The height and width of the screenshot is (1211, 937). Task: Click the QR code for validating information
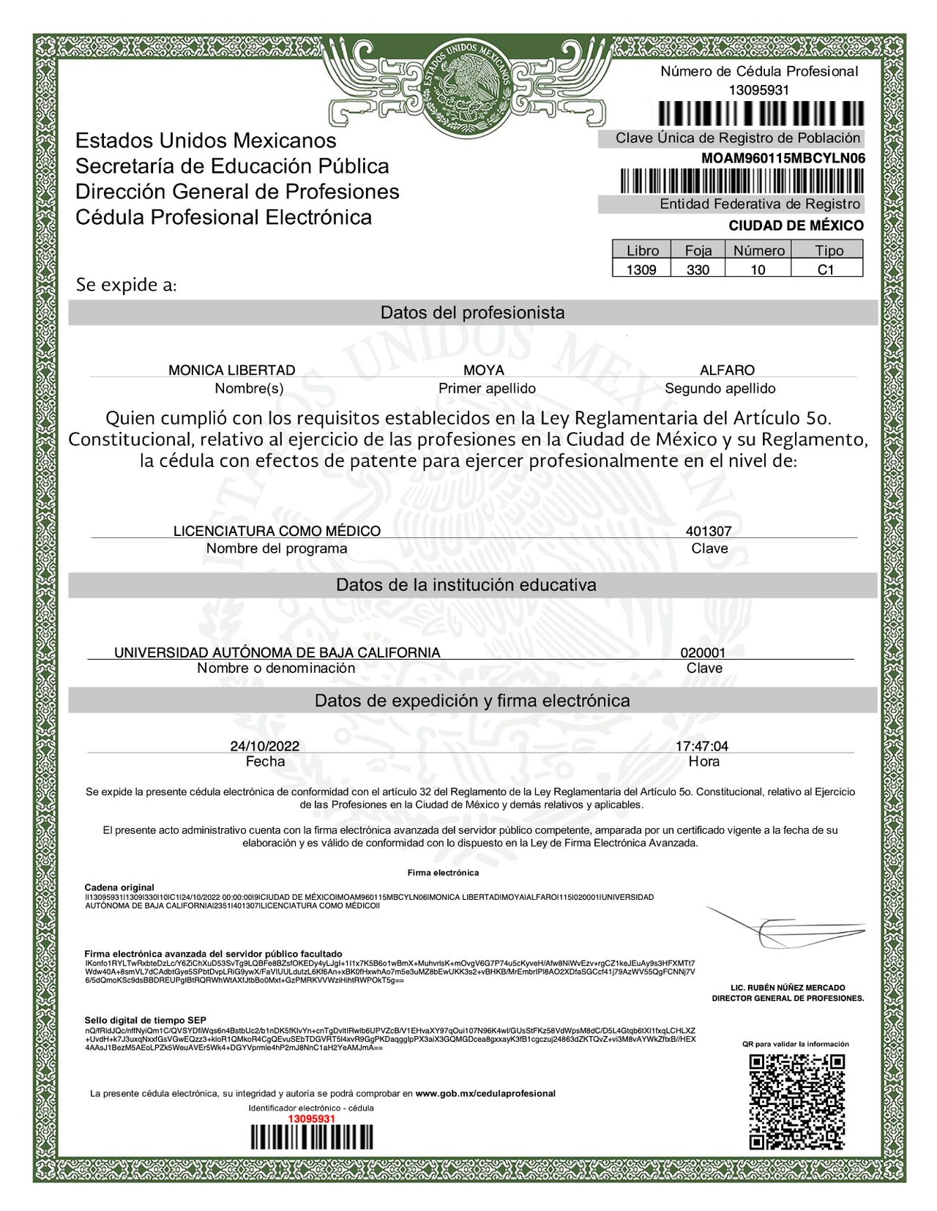click(796, 1101)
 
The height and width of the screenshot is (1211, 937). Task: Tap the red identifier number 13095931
click(311, 1119)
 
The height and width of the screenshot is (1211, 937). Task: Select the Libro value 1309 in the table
click(641, 269)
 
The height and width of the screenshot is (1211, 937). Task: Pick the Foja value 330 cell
click(698, 269)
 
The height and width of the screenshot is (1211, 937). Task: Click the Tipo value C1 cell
click(826, 269)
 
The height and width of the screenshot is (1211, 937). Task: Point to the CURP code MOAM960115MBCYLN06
click(783, 158)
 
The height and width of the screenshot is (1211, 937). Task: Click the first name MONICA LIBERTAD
click(232, 370)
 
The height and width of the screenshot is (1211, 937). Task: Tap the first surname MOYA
click(484, 370)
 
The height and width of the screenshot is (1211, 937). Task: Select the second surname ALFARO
click(727, 370)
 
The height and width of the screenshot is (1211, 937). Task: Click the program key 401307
click(709, 531)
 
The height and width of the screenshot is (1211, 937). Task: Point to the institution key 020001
click(703, 652)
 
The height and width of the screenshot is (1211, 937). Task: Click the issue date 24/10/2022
click(265, 746)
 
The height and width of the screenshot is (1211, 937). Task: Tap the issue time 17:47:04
click(702, 746)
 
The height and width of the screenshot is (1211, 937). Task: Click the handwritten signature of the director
click(783, 928)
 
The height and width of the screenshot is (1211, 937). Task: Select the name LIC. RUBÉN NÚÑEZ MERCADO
click(788, 988)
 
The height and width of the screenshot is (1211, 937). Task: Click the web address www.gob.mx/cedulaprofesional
click(485, 1093)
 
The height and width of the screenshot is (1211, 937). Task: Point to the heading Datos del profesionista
click(473, 313)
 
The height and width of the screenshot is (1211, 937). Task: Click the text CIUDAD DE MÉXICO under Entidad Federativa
click(796, 226)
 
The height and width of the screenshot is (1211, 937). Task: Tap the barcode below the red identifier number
click(311, 1137)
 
